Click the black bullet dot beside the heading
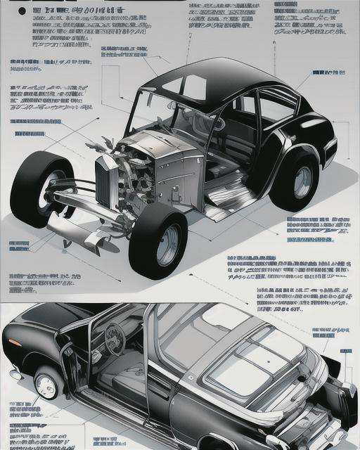[21, 11]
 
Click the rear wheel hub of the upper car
[302, 181]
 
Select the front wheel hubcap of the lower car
[46, 385]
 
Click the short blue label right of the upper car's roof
[328, 72]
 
